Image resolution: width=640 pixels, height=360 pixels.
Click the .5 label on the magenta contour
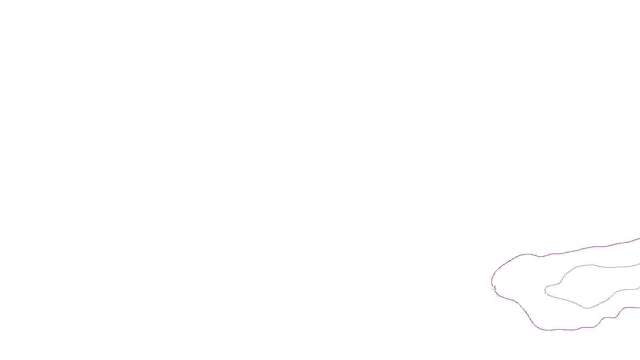click(x=494, y=288)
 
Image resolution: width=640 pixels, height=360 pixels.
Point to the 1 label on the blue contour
click(x=545, y=292)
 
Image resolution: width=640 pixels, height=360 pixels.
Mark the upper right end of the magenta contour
click(x=639, y=239)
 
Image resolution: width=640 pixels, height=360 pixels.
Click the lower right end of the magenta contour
click(x=639, y=308)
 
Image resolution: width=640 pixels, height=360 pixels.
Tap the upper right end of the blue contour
click(x=639, y=264)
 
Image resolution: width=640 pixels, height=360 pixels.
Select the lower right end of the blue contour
click(x=639, y=287)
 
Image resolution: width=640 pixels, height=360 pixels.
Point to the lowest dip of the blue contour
click(x=587, y=308)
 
